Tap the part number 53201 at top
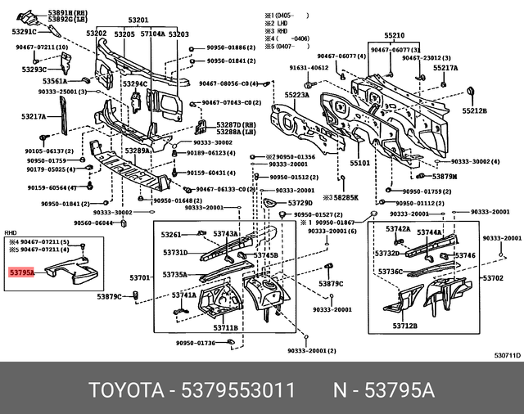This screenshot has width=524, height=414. tap(138, 20)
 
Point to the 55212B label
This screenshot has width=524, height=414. tap(473, 110)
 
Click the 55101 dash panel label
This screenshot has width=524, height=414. tap(360, 164)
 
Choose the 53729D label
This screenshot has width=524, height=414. tap(300, 203)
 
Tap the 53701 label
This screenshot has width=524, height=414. tap(141, 278)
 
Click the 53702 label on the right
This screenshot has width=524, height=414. tap(493, 278)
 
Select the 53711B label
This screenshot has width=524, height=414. tap(225, 328)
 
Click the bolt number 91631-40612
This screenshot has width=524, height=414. tap(309, 68)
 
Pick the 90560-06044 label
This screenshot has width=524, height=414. tap(93, 223)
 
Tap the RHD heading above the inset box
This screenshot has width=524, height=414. tap(11, 232)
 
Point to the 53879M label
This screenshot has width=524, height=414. tap(445, 177)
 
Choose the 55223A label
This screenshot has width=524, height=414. tap(296, 95)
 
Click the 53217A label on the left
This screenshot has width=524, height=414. tap(34, 117)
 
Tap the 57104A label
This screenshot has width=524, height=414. tap(152, 34)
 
